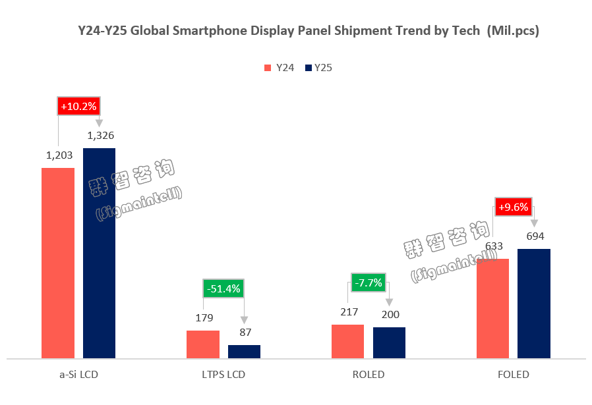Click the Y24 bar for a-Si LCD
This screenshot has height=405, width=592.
(x=58, y=263)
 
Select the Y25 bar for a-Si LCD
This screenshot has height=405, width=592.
(x=99, y=253)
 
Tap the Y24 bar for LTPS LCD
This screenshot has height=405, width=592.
(x=203, y=344)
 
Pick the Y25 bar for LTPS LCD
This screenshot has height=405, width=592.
(x=244, y=351)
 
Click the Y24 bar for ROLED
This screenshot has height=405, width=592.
(x=347, y=341)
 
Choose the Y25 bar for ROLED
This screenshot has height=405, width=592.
(x=389, y=342)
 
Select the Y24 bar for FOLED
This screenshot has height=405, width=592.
(x=492, y=308)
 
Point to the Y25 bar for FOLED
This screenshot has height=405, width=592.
(x=534, y=304)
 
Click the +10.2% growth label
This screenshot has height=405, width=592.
(x=78, y=106)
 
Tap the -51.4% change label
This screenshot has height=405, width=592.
(x=223, y=288)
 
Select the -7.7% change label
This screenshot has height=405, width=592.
(x=369, y=283)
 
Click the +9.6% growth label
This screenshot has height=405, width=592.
(x=514, y=207)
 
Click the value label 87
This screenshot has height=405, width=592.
(x=245, y=332)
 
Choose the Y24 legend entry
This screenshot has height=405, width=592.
(x=279, y=67)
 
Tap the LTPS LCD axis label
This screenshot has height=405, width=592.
(x=223, y=375)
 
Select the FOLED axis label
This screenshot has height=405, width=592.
(x=514, y=375)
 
